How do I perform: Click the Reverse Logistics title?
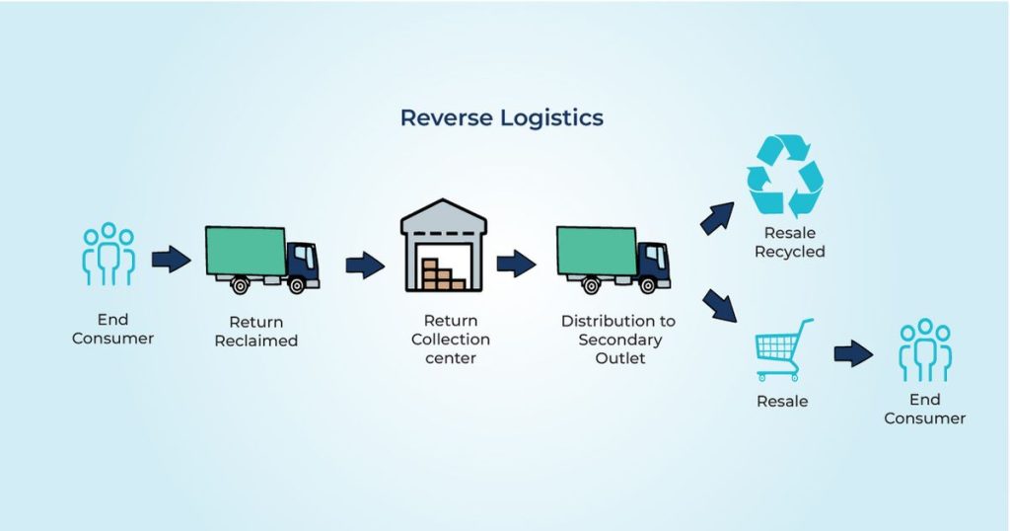pos(501,117)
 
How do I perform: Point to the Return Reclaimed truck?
pos(261,259)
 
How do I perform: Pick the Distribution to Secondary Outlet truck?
pos(613,259)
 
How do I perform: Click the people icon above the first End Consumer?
pos(108,254)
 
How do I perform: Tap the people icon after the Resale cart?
pos(924,349)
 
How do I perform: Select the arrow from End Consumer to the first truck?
pos(171,260)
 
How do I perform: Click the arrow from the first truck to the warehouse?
pos(365,265)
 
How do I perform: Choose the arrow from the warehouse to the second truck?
pos(516,264)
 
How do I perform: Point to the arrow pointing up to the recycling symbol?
pos(718,217)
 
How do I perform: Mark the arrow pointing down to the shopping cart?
pos(720,305)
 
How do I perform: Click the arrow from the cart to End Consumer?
pos(853,353)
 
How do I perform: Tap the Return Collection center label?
pos(451,339)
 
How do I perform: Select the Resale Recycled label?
pos(789,243)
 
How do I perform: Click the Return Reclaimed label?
pos(256,332)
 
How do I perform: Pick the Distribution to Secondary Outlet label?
pos(619,339)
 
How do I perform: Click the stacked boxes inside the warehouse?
pos(442,273)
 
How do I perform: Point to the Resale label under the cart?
pos(782,401)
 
